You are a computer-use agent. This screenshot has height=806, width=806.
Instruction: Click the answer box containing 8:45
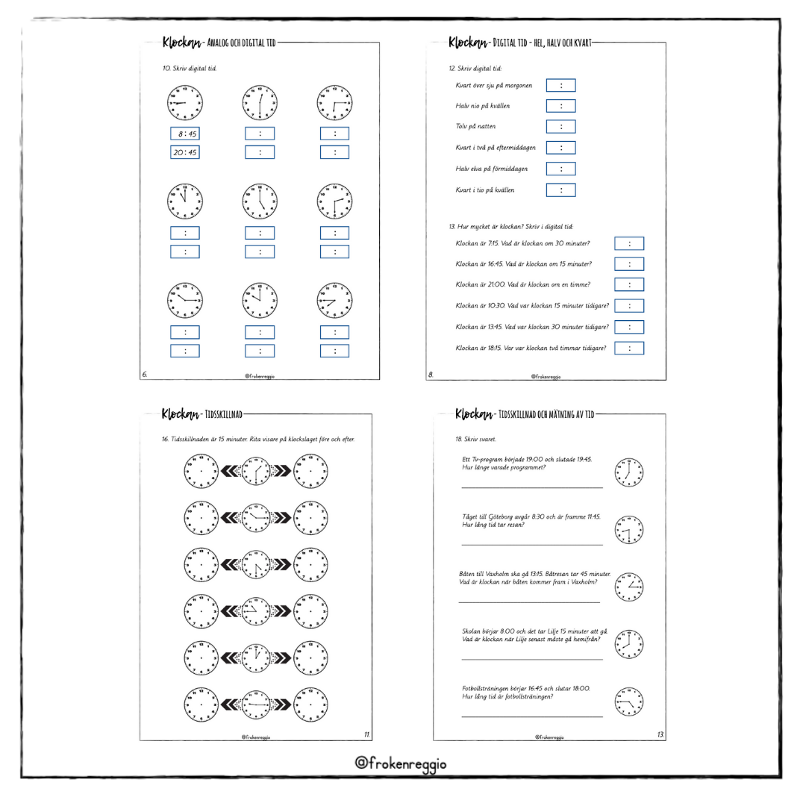[x=184, y=134]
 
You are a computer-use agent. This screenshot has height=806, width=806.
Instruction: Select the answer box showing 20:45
[x=184, y=152]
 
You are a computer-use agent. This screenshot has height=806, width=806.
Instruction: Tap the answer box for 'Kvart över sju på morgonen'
[x=560, y=85]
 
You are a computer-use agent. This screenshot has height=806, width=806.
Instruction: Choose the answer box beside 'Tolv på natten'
[x=560, y=127]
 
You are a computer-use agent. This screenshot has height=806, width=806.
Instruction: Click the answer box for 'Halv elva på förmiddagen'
[x=560, y=169]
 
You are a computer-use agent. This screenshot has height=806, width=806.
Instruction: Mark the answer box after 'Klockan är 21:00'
[x=629, y=284]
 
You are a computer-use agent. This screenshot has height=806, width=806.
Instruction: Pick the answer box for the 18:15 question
[x=629, y=348]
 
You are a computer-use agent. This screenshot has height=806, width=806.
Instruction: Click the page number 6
[x=144, y=375]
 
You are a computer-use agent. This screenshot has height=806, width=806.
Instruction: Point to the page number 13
[x=660, y=735]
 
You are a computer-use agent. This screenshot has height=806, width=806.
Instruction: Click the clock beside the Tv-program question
[x=628, y=472]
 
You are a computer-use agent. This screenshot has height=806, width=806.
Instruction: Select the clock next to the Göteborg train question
[x=628, y=530]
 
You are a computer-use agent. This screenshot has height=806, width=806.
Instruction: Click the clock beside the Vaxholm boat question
[x=628, y=587]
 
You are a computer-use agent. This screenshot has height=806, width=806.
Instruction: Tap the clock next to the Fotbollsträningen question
[x=628, y=702]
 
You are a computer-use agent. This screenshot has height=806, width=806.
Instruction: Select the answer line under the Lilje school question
[x=531, y=659]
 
